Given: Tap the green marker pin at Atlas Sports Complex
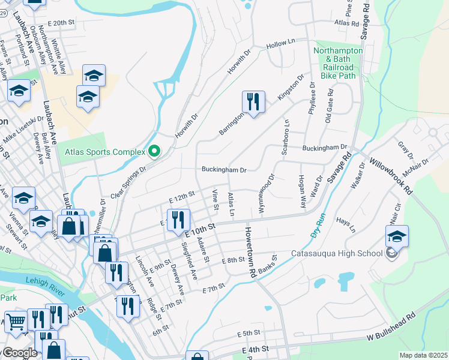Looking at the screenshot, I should pyautogui.click(x=154, y=151).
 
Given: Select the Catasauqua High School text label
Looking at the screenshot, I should pyautogui.click(x=337, y=253).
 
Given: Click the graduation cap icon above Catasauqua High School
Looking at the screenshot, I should pyautogui.click(x=397, y=237).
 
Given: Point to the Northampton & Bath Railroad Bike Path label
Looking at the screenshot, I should pyautogui.click(x=339, y=64).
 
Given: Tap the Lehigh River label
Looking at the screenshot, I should pyautogui.click(x=51, y=280).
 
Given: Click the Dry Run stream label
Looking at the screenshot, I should pyautogui.click(x=316, y=227).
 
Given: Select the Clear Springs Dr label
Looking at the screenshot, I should pyautogui.click(x=128, y=184).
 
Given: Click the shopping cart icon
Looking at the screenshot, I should pyautogui.click(x=15, y=322).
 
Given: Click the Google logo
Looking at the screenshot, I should pyautogui.click(x=19, y=353).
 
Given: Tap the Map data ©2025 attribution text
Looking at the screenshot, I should pyautogui.click(x=423, y=355).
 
